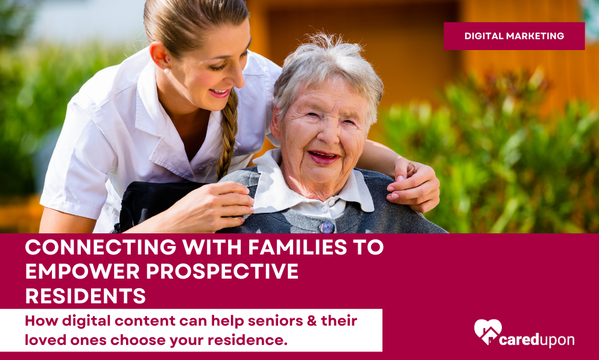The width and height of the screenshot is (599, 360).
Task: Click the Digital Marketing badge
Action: [514, 36]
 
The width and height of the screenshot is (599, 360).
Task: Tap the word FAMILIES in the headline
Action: [297, 247]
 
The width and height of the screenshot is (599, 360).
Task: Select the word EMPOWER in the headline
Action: [82, 271]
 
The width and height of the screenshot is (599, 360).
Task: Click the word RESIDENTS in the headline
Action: [86, 295]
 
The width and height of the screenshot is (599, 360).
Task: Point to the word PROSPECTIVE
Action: [222, 271]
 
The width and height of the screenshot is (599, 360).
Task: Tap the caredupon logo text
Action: [537, 339]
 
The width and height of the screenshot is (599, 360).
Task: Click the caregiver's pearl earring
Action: [166, 71]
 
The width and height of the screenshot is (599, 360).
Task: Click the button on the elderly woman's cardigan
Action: [327, 227]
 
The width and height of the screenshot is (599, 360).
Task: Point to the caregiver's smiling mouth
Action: [220, 93]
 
